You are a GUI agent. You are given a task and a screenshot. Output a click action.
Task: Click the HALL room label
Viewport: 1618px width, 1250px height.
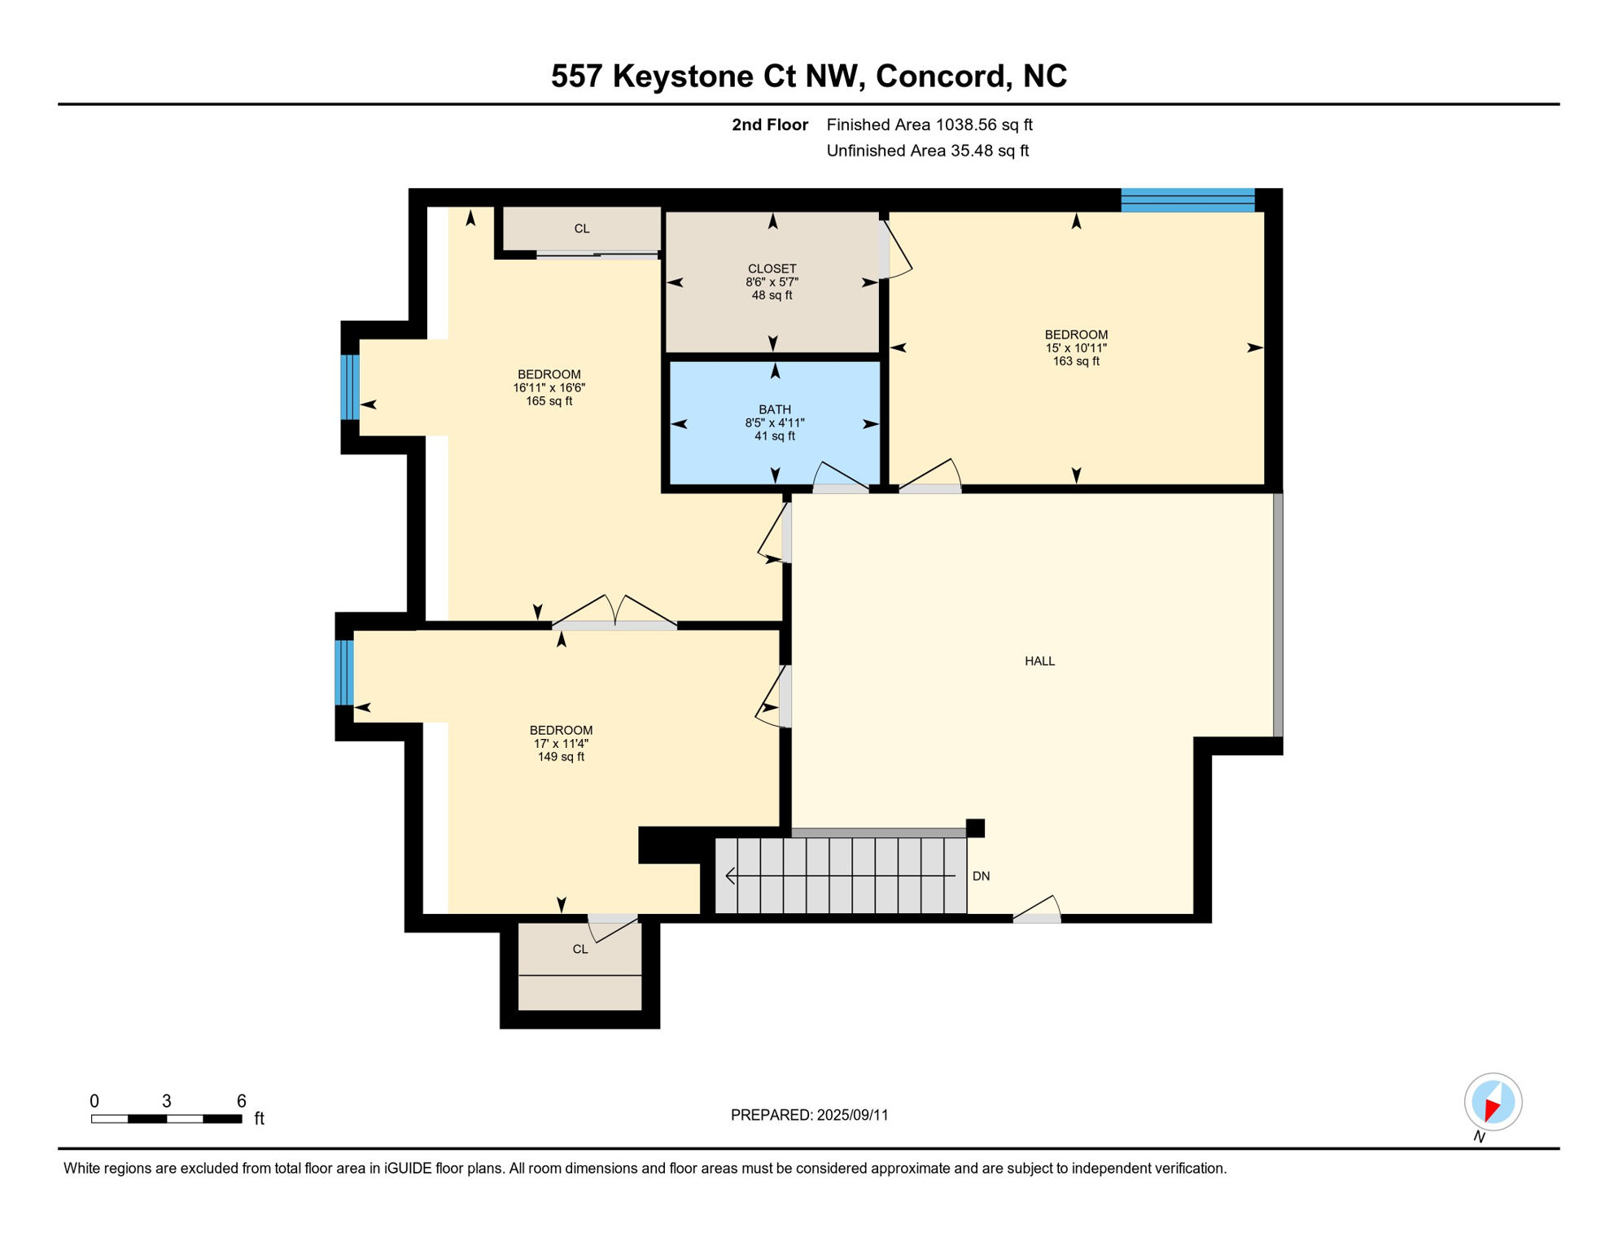tap(1039, 661)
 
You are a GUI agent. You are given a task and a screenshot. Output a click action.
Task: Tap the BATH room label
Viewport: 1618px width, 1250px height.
tap(774, 409)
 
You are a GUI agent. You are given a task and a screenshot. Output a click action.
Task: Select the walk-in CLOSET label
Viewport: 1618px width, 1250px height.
tap(772, 269)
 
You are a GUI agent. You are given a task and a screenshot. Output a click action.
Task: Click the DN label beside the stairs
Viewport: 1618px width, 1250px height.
tap(981, 876)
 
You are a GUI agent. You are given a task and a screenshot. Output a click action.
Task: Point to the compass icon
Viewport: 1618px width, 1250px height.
tap(1493, 1102)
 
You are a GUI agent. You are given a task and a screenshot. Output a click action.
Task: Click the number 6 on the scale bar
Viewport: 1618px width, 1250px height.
tap(241, 1101)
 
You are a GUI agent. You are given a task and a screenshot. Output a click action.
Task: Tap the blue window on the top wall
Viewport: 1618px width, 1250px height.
tap(1187, 200)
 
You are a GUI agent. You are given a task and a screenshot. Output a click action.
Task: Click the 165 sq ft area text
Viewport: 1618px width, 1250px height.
tap(549, 401)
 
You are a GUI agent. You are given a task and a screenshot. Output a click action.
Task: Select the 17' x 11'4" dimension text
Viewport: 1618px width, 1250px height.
tap(561, 744)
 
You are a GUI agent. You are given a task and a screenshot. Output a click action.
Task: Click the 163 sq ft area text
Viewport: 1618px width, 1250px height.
tap(1076, 361)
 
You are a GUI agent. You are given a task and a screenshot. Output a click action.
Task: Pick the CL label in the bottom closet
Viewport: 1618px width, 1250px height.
tap(579, 950)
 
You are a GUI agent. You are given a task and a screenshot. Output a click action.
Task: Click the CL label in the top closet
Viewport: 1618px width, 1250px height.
tap(581, 229)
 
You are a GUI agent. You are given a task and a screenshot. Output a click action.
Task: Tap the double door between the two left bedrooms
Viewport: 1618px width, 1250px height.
tap(614, 615)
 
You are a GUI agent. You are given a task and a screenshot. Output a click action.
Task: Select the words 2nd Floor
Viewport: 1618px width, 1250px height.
tap(769, 125)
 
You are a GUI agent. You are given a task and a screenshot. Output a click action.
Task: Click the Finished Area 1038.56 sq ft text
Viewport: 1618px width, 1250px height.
tap(929, 125)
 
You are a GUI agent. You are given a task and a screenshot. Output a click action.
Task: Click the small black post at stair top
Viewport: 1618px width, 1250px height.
tap(975, 828)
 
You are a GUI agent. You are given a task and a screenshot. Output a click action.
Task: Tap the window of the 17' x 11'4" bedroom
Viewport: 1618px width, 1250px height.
tap(344, 673)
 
